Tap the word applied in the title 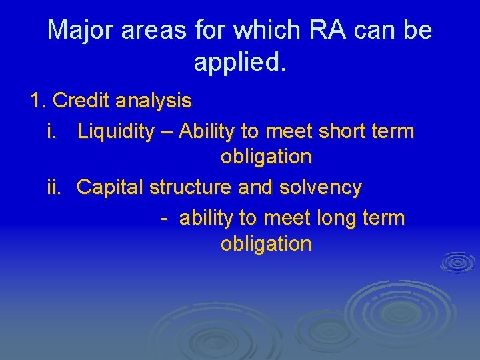click(x=239, y=63)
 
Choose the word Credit click(x=81, y=101)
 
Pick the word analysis click(x=153, y=101)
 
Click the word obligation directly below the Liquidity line click(x=266, y=157)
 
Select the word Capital click(x=111, y=188)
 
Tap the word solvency click(x=321, y=188)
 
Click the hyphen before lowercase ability click(x=163, y=218)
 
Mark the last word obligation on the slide click(x=266, y=244)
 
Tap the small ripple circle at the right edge click(x=457, y=261)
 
